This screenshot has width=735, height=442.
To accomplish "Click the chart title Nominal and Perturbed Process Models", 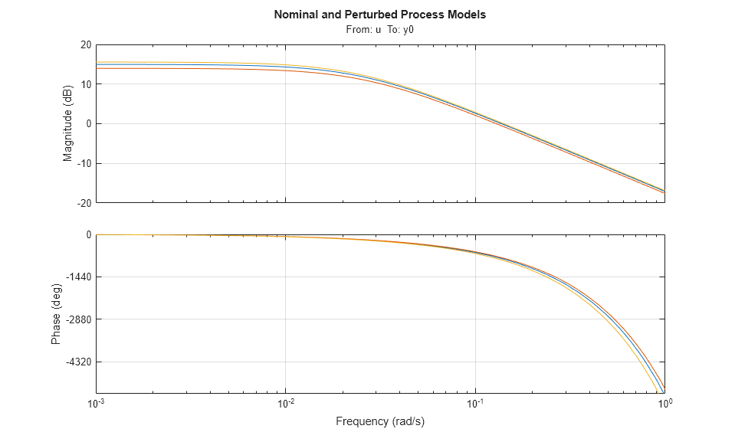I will [x=379, y=15].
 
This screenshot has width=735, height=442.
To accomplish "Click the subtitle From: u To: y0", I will [x=379, y=30].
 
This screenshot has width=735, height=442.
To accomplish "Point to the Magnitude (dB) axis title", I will [x=67, y=123].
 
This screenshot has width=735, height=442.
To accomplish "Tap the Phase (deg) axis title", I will [x=56, y=315].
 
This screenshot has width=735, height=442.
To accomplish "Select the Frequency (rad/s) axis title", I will [x=380, y=421].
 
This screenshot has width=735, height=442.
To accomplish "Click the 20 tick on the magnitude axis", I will [x=86, y=44].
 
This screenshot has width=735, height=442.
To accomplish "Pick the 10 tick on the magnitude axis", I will [x=86, y=84].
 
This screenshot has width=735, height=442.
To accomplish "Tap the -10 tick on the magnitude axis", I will [x=84, y=163].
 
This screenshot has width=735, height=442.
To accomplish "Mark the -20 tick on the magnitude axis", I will [x=84, y=203].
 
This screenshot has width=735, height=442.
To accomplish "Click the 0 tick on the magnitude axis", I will [x=89, y=124].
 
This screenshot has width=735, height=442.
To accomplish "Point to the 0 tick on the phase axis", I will [x=89, y=234].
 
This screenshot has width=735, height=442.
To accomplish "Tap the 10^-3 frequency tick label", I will [x=97, y=403].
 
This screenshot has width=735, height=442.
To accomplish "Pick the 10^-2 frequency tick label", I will [x=286, y=403].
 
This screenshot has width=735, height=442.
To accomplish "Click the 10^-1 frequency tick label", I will [x=475, y=403].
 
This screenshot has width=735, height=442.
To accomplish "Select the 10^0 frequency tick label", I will [x=664, y=403].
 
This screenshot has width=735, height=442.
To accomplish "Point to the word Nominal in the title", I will [x=296, y=15].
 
